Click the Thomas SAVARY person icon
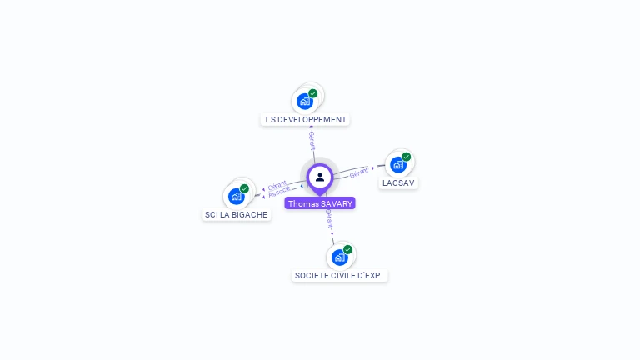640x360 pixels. (x=320, y=177)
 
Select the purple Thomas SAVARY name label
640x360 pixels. (x=320, y=203)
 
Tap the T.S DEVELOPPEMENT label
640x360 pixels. (x=305, y=120)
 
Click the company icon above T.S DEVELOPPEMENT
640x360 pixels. (x=305, y=102)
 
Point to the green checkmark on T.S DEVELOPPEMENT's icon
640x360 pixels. (x=313, y=93)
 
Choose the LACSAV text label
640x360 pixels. (x=398, y=182)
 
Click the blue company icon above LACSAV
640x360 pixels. (x=398, y=165)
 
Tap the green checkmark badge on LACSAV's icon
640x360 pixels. (x=407, y=157)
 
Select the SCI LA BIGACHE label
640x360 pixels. (x=237, y=214)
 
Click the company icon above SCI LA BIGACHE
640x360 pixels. (x=236, y=197)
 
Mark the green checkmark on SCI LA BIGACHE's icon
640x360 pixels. (x=244, y=188)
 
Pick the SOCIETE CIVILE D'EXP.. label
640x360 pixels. (x=340, y=275)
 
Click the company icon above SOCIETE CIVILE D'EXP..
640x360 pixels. (x=339, y=257)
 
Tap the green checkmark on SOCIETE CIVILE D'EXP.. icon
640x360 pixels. (x=347, y=249)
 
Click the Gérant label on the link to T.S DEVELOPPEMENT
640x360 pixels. (x=312, y=140)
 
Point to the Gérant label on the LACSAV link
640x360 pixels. (x=358, y=172)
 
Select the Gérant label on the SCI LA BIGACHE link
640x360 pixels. (x=277, y=185)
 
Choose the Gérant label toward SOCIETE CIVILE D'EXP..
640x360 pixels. (x=329, y=220)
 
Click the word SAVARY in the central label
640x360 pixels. (x=337, y=203)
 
